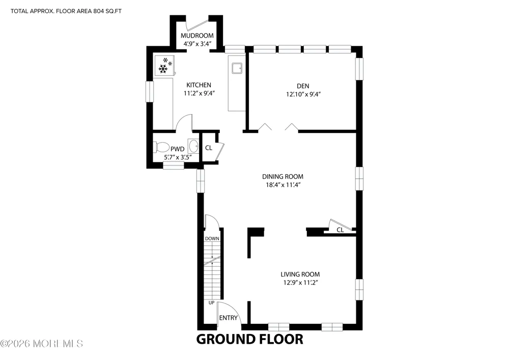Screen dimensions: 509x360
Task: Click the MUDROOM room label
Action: coord(197,35)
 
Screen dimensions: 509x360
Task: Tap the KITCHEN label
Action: coord(199,85)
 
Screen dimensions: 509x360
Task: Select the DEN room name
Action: coord(303,86)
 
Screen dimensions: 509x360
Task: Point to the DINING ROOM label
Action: coord(282,177)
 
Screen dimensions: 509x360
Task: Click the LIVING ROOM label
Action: coord(300,274)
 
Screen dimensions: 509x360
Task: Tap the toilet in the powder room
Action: coord(161,147)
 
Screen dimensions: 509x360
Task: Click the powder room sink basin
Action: coord(194,146)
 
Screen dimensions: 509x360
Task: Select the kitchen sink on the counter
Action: coord(237,69)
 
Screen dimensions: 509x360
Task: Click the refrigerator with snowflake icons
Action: coord(164,66)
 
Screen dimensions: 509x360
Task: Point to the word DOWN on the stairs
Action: coord(212,239)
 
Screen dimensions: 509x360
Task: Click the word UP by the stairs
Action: coord(211,303)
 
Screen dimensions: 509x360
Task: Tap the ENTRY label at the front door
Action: coord(228,318)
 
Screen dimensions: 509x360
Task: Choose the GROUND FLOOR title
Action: coord(249,339)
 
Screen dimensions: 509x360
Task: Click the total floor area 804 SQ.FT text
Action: coord(66,11)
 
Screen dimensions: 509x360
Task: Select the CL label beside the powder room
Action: coord(209,148)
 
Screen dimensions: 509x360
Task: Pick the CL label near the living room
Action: coord(340,230)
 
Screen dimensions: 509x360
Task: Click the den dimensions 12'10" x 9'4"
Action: coord(303,95)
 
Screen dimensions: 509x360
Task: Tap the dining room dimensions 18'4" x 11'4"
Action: coord(282,185)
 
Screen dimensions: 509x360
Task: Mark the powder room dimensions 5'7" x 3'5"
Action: coord(177,157)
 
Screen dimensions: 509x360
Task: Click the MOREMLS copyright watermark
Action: coord(42,343)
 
